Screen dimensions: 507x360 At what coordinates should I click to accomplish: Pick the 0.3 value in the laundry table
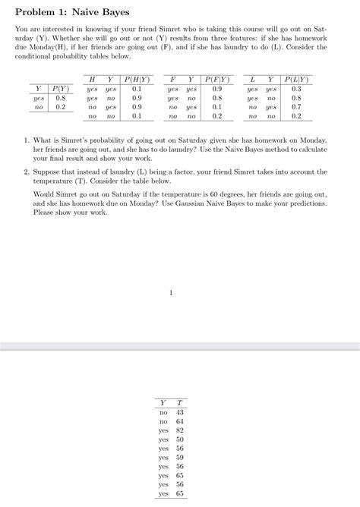[296, 89]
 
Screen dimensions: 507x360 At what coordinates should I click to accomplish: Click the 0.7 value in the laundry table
[296, 107]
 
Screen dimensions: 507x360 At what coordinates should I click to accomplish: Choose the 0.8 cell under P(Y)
[61, 98]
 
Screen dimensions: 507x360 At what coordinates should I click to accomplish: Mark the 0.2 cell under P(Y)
[61, 107]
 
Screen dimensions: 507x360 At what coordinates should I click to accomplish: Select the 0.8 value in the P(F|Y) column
[217, 98]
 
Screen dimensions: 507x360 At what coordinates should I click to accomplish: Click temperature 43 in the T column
[180, 412]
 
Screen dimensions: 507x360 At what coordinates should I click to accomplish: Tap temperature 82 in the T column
[180, 430]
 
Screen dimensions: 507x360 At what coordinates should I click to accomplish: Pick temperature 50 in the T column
[180, 439]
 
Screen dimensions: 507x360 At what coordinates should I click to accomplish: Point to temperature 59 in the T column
[180, 458]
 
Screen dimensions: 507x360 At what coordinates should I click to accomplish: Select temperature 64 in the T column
[180, 421]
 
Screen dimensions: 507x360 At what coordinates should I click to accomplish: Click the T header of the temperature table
[180, 402]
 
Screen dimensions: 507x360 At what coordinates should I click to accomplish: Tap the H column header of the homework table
[92, 79]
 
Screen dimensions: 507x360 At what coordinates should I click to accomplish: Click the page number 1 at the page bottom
[172, 292]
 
